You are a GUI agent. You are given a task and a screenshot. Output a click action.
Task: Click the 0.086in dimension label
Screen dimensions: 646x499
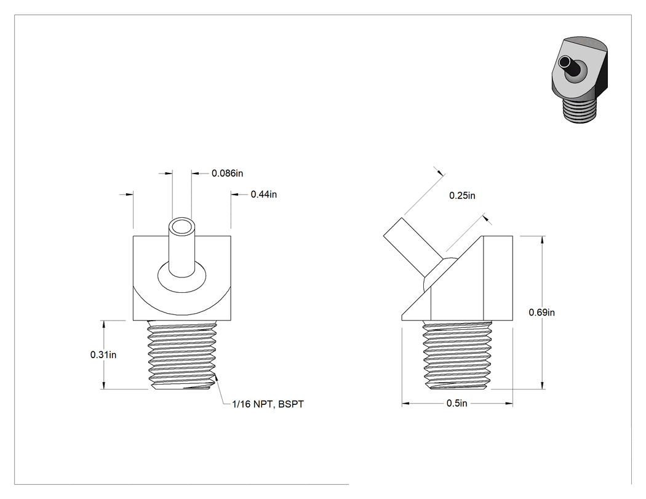coord(227,174)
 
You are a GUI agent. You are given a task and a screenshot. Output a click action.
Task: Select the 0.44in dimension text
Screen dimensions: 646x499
coord(264,194)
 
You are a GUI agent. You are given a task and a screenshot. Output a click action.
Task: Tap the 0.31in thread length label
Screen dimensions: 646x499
coord(103,355)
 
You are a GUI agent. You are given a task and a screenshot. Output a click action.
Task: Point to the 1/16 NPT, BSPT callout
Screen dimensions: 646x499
coord(268,404)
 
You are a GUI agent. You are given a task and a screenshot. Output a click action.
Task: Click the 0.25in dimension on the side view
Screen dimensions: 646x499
coord(462,196)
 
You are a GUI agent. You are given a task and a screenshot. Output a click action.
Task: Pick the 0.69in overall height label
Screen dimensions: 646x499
coord(542,313)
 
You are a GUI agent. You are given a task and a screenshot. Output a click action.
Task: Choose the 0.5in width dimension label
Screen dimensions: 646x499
coord(457,404)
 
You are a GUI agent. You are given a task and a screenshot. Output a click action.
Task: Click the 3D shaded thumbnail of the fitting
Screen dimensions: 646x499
coord(580,80)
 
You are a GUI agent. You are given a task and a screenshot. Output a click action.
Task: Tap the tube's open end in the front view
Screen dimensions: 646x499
coord(181,227)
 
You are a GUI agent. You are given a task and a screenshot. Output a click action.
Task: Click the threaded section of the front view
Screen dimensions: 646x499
coord(182,355)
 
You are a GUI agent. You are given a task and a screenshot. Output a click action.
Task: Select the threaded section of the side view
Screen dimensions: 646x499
coord(457,355)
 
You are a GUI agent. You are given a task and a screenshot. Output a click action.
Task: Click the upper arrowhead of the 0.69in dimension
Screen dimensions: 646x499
coord(542,240)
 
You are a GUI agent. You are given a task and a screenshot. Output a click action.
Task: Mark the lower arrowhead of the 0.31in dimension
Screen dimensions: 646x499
coord(104,385)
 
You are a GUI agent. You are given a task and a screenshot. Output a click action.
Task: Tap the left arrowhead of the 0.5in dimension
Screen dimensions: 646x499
coord(406,404)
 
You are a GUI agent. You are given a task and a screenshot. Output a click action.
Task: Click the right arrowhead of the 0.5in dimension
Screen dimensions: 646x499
coord(509,404)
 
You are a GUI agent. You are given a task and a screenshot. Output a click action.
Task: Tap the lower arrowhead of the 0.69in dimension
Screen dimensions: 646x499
coord(542,385)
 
